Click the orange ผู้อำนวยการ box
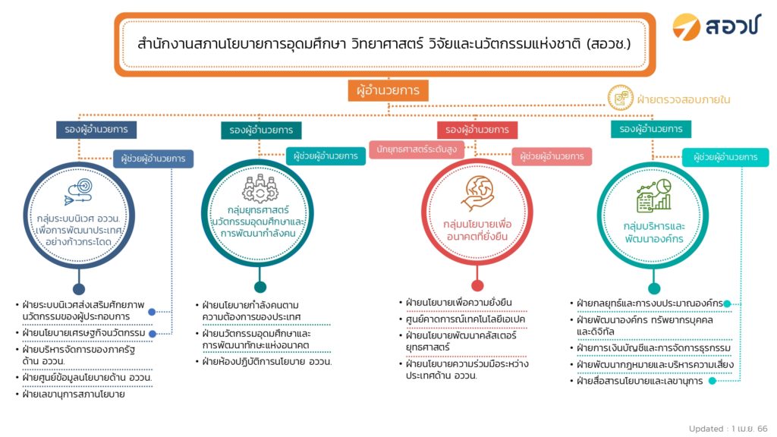pyautogui.click(x=388, y=91)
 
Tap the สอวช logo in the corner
pyautogui.click(x=716, y=26)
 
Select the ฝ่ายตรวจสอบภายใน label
pyautogui.click(x=684, y=99)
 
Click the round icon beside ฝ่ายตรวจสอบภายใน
pyautogui.click(x=621, y=98)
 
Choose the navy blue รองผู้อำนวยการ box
pyautogui.click(x=96, y=129)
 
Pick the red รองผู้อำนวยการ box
pyautogui.click(x=477, y=130)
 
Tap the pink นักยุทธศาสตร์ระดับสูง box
pyautogui.click(x=417, y=149)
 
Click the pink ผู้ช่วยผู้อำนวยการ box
pyautogui.click(x=552, y=156)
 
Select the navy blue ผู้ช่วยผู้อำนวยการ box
pyautogui.click(x=153, y=159)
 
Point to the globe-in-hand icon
pyautogui.click(x=477, y=193)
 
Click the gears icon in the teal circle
pyautogui.click(x=260, y=188)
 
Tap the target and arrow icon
pyautogui.click(x=79, y=192)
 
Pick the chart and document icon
pyautogui.click(x=653, y=196)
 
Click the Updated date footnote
pyautogui.click(x=728, y=429)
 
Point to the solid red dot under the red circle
pyautogui.click(x=477, y=285)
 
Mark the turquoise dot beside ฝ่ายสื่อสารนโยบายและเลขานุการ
pyautogui.click(x=713, y=381)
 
